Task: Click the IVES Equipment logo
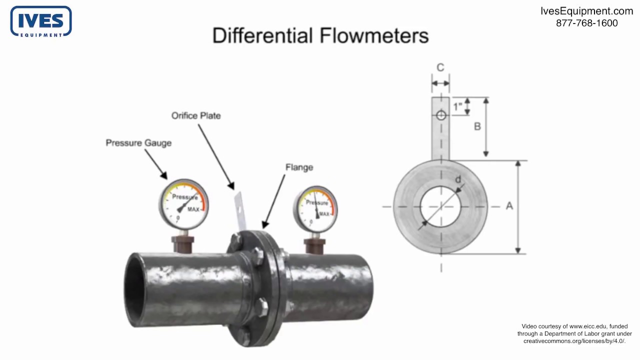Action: (x=41, y=21)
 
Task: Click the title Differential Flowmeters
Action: (x=320, y=36)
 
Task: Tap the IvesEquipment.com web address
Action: (x=586, y=11)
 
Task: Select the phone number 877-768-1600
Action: (x=586, y=23)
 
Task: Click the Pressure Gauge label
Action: (x=138, y=143)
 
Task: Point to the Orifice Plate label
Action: (x=196, y=115)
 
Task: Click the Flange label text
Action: (x=299, y=167)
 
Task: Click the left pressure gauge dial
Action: (x=183, y=204)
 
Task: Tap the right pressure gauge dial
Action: (x=315, y=208)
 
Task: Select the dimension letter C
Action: (x=440, y=67)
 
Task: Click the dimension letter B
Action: (x=477, y=126)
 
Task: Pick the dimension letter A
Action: (x=509, y=205)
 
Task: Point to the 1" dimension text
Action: (x=457, y=106)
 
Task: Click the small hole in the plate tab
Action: (x=440, y=115)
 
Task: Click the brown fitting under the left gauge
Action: (x=182, y=243)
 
